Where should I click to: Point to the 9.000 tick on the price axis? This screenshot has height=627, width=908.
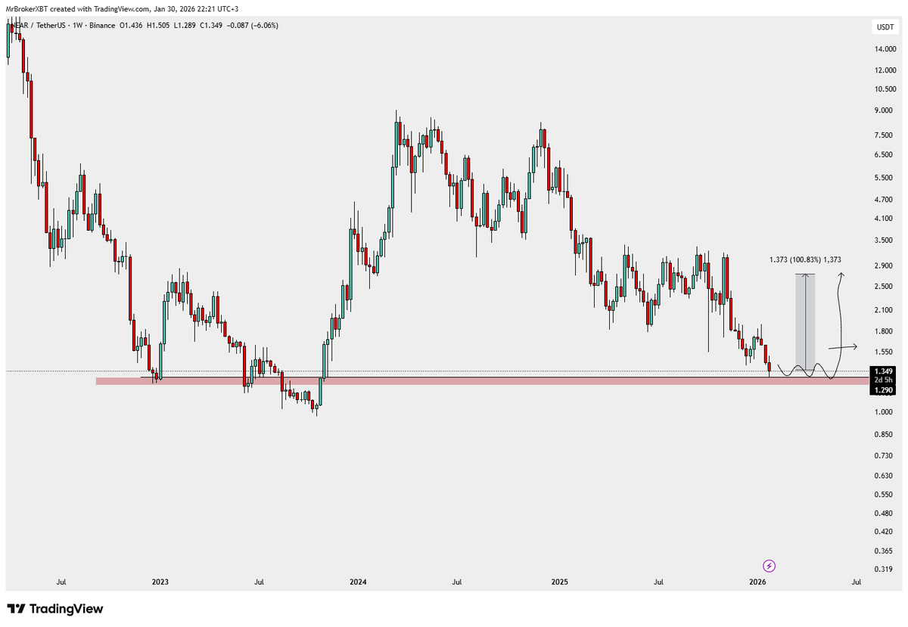click(x=883, y=110)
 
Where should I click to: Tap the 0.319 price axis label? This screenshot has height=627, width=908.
click(x=883, y=569)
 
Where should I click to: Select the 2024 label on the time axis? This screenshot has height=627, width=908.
click(x=358, y=582)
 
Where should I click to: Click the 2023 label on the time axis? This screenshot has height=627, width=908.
click(x=160, y=582)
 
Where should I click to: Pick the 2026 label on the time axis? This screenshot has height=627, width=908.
click(x=758, y=582)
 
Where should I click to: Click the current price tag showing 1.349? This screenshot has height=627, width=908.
click(x=882, y=371)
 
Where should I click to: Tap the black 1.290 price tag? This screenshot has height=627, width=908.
click(x=882, y=390)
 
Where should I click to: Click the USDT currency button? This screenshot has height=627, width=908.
click(x=883, y=27)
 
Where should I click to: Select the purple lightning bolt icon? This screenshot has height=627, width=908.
click(x=769, y=565)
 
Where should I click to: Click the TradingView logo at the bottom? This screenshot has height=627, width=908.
click(x=54, y=609)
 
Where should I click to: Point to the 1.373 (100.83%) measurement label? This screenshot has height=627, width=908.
click(x=804, y=259)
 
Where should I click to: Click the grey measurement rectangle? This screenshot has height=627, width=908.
click(x=805, y=322)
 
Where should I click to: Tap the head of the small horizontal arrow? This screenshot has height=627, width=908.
click(x=856, y=347)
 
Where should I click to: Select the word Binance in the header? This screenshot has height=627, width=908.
click(x=101, y=26)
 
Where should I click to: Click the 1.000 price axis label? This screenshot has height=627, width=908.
click(x=883, y=412)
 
